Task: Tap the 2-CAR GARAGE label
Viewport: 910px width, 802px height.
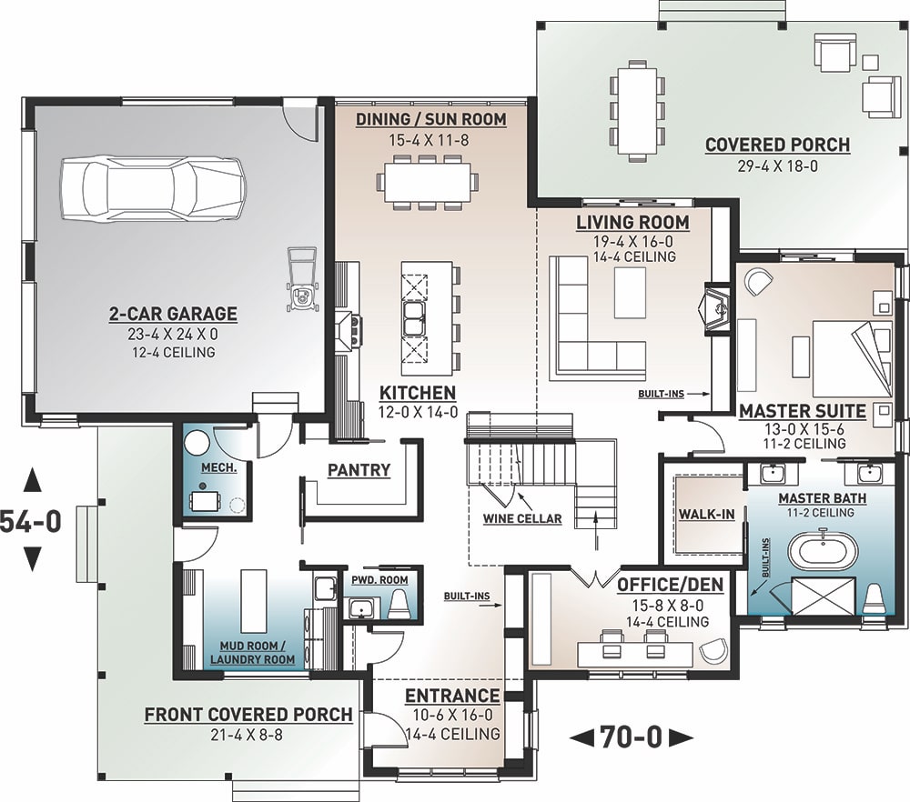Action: [x=173, y=314]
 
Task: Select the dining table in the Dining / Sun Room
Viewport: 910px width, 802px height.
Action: [x=427, y=181]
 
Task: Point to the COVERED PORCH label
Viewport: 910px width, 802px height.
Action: [x=777, y=145]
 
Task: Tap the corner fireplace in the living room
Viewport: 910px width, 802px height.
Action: [x=716, y=308]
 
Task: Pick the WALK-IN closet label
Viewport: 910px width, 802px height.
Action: [x=706, y=515]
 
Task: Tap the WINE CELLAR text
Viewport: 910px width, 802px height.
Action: [x=521, y=519]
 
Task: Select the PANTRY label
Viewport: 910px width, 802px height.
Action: [x=359, y=470]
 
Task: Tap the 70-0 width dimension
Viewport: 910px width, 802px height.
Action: [x=630, y=736]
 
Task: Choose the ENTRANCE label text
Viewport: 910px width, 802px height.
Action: [x=452, y=697]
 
